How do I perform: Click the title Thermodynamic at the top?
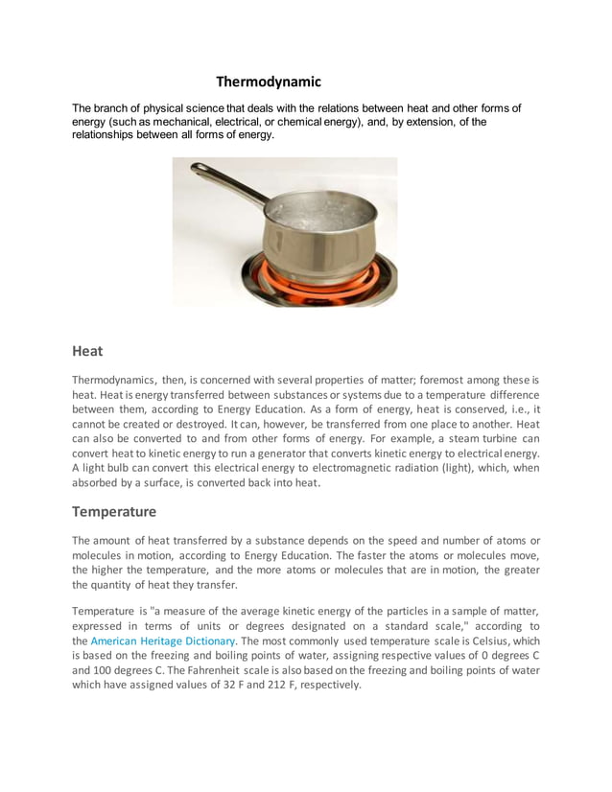click(268, 82)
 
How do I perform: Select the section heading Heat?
click(87, 351)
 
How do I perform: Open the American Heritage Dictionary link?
click(162, 641)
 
